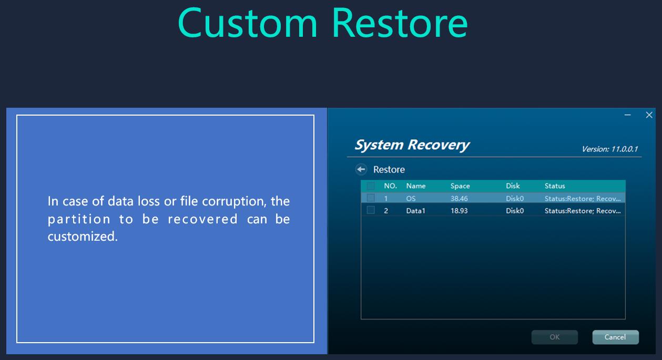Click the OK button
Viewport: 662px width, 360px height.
pyautogui.click(x=554, y=337)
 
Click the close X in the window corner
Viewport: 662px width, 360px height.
pyautogui.click(x=649, y=115)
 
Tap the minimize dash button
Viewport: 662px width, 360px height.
pyautogui.click(x=628, y=115)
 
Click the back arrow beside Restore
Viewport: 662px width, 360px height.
pyautogui.click(x=361, y=169)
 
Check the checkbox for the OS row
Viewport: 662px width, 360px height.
pyautogui.click(x=371, y=198)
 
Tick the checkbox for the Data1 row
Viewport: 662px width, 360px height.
pyautogui.click(x=371, y=210)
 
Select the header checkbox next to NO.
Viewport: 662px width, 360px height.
pyautogui.click(x=371, y=186)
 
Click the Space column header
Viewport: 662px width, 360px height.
pyautogui.click(x=460, y=186)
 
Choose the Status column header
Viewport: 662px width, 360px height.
pyautogui.click(x=555, y=186)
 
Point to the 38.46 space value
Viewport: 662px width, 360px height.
pyautogui.click(x=459, y=199)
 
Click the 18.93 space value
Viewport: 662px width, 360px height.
pyautogui.click(x=459, y=211)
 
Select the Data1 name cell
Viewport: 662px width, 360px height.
pyautogui.click(x=415, y=211)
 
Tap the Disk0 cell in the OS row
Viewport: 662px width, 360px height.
pyautogui.click(x=515, y=199)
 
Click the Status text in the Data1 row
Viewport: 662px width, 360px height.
pyautogui.click(x=583, y=211)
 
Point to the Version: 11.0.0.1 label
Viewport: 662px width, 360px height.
pyautogui.click(x=610, y=149)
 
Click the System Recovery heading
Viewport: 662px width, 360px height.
pyautogui.click(x=412, y=145)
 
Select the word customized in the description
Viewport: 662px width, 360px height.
pyautogui.click(x=83, y=236)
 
